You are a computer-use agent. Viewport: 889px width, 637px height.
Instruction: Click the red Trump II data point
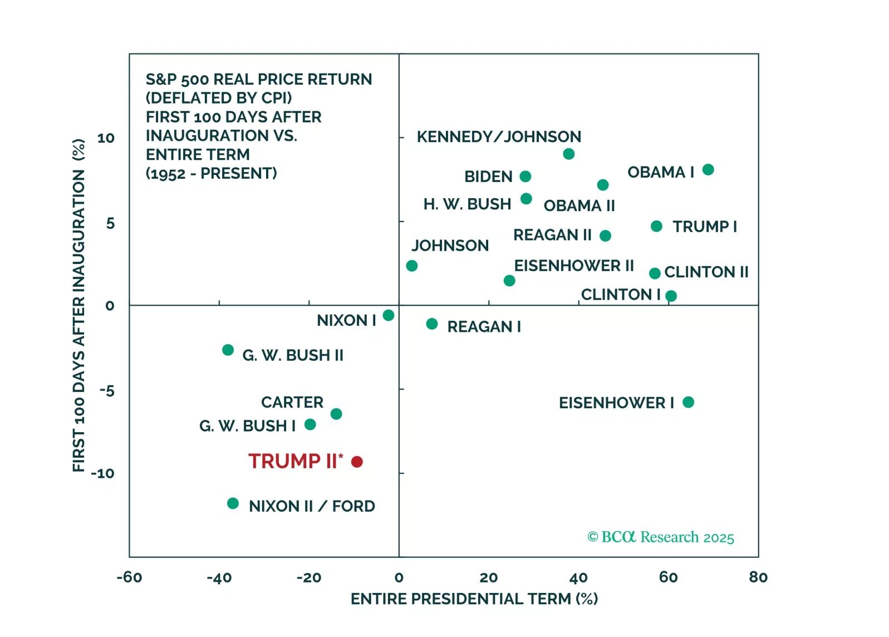357,462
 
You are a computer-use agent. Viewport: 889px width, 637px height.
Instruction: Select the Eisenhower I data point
688,402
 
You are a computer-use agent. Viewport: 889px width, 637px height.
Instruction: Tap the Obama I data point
708,170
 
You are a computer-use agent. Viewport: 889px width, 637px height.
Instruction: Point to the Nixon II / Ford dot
233,503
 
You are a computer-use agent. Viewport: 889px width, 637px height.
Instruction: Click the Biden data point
525,177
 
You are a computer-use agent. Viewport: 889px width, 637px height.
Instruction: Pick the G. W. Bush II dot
228,350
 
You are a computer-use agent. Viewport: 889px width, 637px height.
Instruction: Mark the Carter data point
336,414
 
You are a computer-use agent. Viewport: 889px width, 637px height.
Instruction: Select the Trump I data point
656,226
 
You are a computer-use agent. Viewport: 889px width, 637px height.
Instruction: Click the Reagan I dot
432,324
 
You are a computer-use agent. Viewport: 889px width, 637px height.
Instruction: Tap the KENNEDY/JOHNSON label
499,137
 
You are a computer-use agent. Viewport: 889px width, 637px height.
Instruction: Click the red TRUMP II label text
293,461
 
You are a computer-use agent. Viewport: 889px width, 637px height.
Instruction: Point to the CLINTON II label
706,272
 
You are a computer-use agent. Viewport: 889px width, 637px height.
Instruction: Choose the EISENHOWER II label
574,266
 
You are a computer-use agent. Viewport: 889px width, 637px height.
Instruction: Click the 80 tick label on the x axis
758,577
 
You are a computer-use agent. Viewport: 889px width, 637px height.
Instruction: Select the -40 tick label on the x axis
219,577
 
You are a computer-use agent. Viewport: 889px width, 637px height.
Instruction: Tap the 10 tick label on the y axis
106,138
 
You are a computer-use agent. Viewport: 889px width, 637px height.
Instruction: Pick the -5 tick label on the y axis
106,390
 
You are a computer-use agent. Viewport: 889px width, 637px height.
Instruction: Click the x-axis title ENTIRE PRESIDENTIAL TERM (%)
474,599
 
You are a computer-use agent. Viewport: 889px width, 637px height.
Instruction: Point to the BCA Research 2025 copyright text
661,537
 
